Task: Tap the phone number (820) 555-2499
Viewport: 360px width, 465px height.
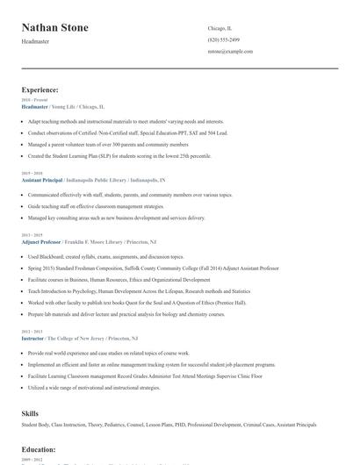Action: pyautogui.click(x=226, y=40)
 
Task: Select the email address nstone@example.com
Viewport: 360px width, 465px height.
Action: pyautogui.click(x=231, y=52)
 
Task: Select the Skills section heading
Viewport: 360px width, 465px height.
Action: pyautogui.click(x=31, y=411)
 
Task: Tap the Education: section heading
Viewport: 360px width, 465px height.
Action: pyautogui.click(x=40, y=450)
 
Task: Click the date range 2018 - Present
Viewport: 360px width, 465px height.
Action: pyautogui.click(x=32, y=100)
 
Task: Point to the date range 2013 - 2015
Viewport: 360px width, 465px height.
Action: pyautogui.click(x=31, y=235)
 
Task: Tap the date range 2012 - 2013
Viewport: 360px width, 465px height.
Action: pyautogui.click(x=31, y=331)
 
